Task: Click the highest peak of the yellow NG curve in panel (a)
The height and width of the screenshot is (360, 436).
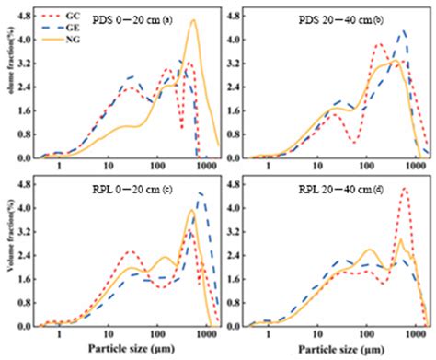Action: tap(193, 20)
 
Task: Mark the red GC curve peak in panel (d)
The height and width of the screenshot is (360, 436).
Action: tap(405, 189)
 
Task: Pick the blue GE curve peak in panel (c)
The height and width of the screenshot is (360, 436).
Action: tap(201, 192)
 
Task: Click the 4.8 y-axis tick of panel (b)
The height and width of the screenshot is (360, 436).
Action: tap(235, 15)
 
